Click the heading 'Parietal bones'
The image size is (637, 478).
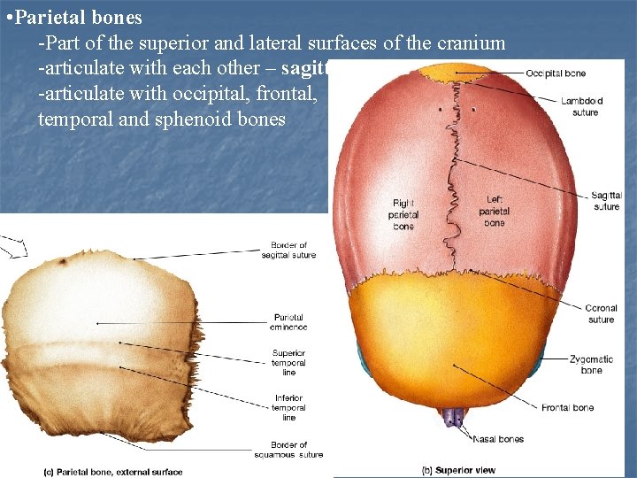pos(79,19)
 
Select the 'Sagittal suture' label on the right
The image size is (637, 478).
pos(606,201)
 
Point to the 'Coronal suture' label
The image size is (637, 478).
pos(601,314)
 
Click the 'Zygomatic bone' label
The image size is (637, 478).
pos(592,365)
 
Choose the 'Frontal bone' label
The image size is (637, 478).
pos(568,408)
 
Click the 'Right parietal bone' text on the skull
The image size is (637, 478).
pos(403,214)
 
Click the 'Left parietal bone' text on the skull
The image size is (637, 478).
pos(495,211)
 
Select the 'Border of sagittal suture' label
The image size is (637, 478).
pos(288,251)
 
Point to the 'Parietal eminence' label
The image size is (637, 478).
pos(288,322)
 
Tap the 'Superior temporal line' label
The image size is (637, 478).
pos(288,363)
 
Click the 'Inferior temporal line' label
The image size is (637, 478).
pos(288,408)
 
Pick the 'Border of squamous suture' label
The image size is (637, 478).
pos(288,450)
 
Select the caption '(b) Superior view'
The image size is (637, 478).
pos(460,471)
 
